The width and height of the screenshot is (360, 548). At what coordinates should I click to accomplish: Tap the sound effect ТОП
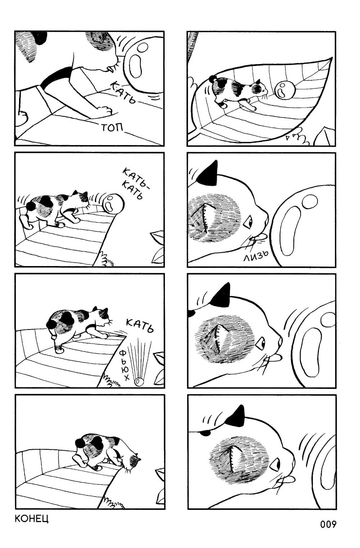pos(112,127)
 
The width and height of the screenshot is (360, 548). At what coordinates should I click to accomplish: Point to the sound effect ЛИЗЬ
pos(256,256)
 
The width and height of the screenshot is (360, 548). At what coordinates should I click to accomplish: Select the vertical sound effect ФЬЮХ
pos(124,365)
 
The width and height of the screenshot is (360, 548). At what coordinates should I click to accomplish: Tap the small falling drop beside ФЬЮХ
pos(139,381)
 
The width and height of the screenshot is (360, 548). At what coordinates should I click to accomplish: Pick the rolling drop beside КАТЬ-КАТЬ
pos(113,203)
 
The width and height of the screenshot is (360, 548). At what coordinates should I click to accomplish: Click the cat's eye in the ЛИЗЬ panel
pos(249,221)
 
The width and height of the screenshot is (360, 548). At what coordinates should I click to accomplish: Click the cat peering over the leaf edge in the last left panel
pos(107,452)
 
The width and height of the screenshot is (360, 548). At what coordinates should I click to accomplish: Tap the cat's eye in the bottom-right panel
pos(275,462)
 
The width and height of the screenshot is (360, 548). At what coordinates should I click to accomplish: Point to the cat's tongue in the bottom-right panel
pos(292,477)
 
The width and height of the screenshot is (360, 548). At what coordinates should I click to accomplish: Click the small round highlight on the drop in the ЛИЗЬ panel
pos(309,200)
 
